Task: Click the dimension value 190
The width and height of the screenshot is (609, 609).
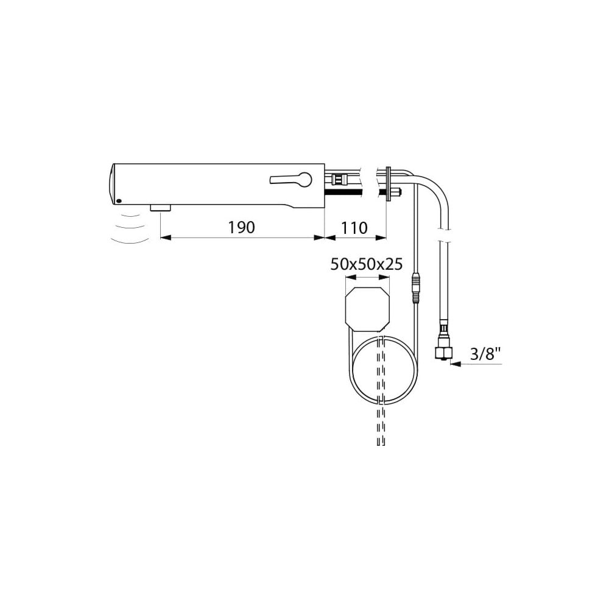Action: pyautogui.click(x=241, y=228)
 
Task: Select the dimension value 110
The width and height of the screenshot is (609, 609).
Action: pyautogui.click(x=354, y=228)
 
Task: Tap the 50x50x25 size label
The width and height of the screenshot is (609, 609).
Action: pyautogui.click(x=367, y=264)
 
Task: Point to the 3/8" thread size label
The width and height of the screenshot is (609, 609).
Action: pyautogui.click(x=485, y=354)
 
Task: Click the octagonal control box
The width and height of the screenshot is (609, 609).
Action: pyautogui.click(x=367, y=309)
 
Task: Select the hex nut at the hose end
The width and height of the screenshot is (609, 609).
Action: pyautogui.click(x=443, y=353)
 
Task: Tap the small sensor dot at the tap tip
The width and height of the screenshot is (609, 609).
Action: pyautogui.click(x=119, y=201)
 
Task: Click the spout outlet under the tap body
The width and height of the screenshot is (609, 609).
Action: pyautogui.click(x=160, y=208)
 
